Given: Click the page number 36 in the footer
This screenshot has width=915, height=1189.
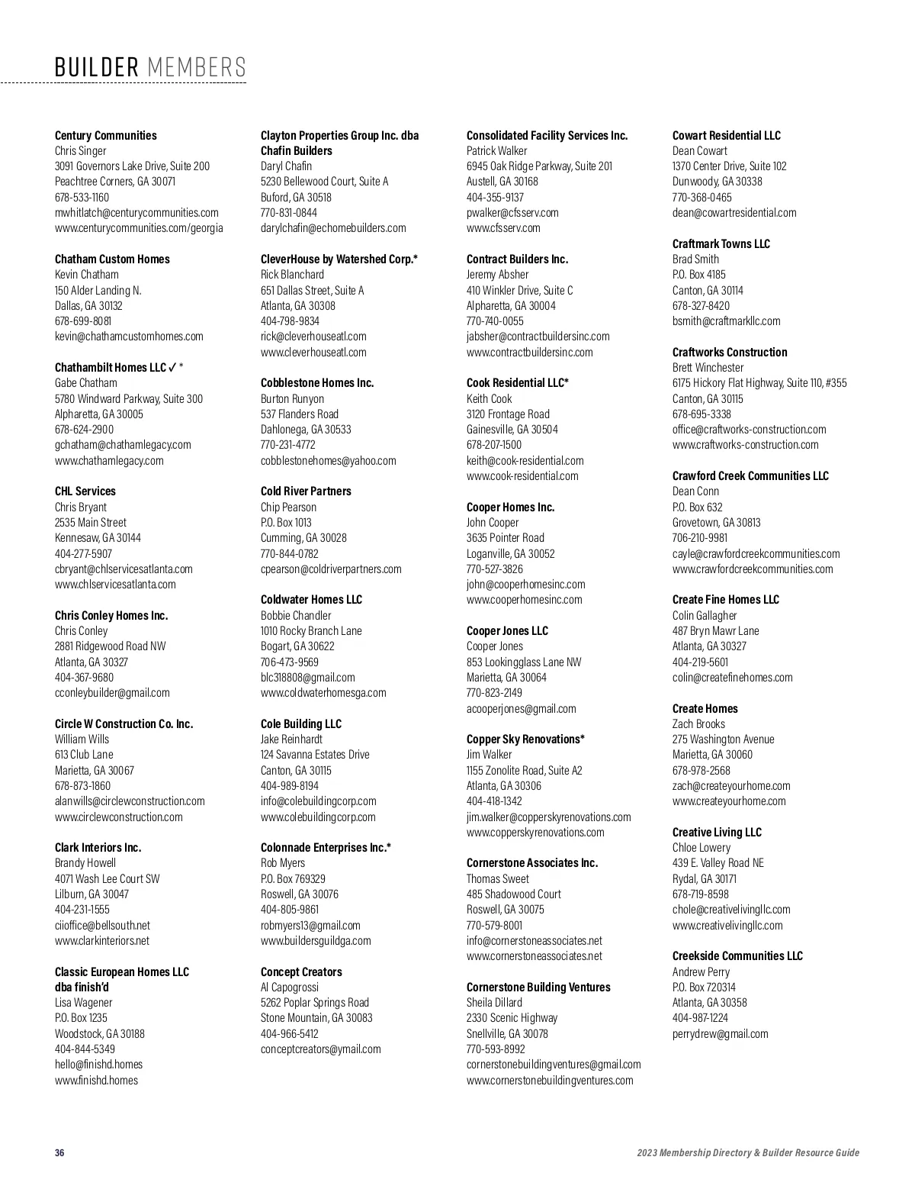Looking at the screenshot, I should pos(59,1152).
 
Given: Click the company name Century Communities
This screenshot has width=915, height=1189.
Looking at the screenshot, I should pos(105,135).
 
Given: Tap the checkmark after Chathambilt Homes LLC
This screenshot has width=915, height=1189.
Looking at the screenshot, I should pos(172,367).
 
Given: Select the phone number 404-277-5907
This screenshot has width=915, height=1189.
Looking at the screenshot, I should pos(83,553).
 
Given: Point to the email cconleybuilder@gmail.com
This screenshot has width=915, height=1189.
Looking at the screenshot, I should pos(112,692).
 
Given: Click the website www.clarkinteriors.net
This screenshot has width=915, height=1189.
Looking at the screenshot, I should pos(102,940).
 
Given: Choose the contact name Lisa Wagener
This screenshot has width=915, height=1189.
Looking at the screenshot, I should pos(83,1002).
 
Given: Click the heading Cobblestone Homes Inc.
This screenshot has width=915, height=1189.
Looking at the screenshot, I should pos(317,382).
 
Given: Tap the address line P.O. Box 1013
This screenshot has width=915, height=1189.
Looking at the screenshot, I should pos(286,522).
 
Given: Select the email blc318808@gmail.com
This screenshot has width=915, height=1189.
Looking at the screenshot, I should pos(307,677).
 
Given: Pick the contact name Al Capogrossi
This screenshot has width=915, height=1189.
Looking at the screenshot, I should pos(290,987).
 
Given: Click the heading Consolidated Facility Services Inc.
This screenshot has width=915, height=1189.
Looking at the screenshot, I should pos(547,135).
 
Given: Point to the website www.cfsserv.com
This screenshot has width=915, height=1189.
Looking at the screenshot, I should pos(503,227).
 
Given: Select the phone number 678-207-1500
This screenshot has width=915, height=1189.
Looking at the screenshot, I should pos(494,444).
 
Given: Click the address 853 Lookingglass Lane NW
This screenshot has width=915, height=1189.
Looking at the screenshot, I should pos(524,662).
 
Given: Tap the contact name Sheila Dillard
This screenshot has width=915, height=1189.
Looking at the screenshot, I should pos(494,1002).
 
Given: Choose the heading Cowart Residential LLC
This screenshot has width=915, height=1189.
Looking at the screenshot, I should pos(726,135).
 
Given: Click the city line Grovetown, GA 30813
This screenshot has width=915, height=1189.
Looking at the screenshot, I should pos(716,522).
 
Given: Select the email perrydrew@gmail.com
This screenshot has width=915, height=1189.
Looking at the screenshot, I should pos(720,1033).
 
